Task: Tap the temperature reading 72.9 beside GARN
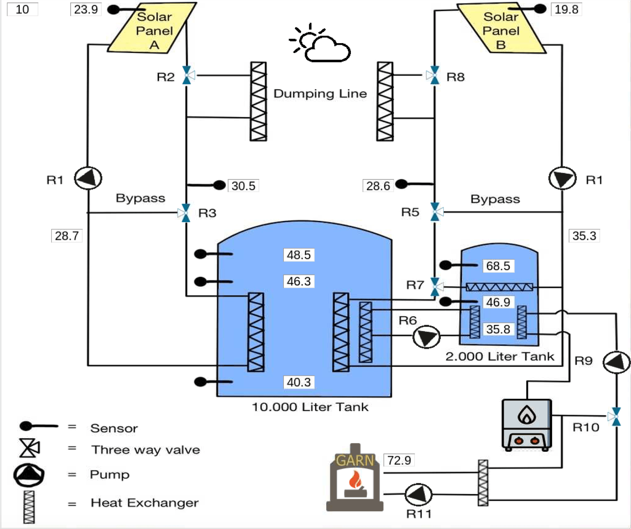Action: (399, 460)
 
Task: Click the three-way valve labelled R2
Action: (187, 76)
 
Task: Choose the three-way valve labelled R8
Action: (434, 76)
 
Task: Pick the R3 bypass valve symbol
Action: (185, 213)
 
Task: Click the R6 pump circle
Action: (426, 337)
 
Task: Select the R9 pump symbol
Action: (616, 362)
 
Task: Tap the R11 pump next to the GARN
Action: (418, 494)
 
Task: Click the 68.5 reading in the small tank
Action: (498, 266)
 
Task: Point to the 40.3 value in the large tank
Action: (299, 382)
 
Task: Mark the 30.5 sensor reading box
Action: (243, 186)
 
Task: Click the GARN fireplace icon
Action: (355, 478)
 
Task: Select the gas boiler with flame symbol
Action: (527, 425)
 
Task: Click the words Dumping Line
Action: (320, 94)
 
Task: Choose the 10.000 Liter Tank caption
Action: (310, 407)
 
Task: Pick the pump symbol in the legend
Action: (29, 475)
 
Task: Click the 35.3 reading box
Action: (584, 236)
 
